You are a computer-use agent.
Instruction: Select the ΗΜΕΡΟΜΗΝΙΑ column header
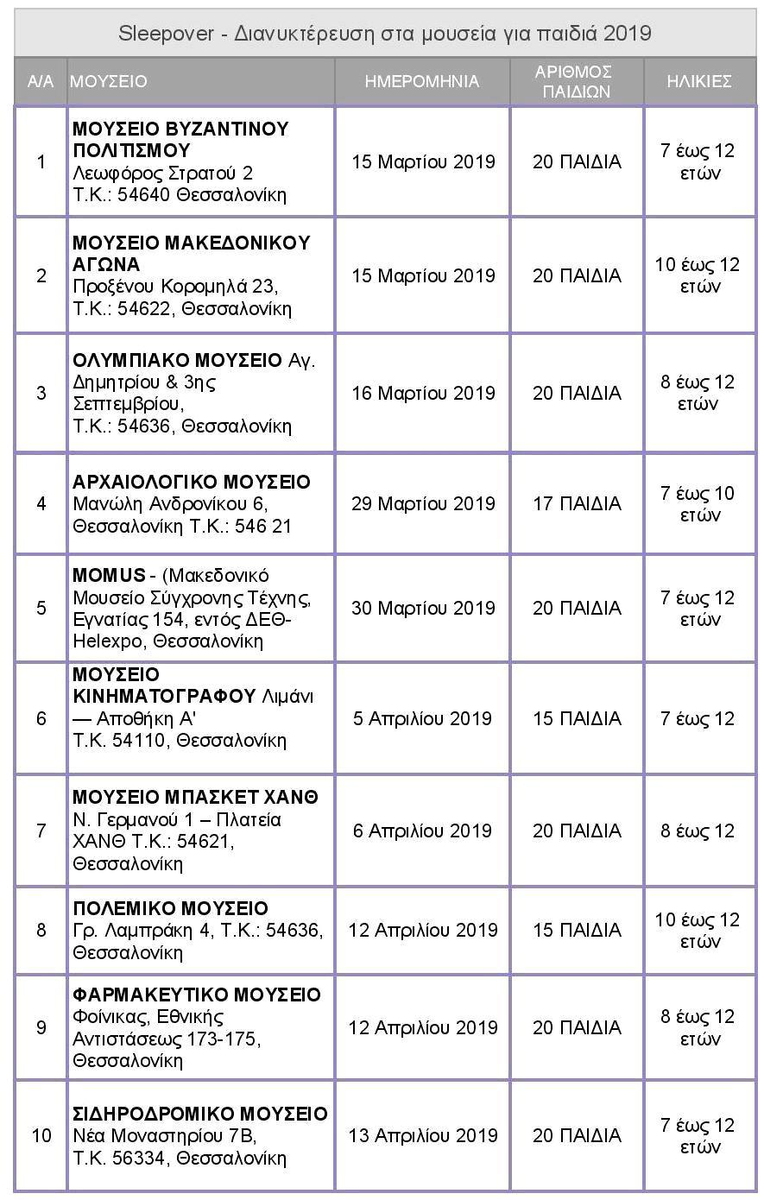point(421,81)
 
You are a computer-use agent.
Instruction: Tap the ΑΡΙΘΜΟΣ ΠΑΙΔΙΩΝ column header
point(577,81)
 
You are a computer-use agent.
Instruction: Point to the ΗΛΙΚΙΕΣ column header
point(699,81)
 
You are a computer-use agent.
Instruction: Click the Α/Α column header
point(41,81)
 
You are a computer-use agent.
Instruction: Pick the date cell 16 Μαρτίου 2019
point(423,393)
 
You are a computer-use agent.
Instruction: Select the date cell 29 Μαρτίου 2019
point(423,503)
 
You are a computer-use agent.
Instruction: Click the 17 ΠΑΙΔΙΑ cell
point(577,503)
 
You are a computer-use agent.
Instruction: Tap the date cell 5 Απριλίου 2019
point(422,718)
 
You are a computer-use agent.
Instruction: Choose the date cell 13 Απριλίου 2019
point(422,1135)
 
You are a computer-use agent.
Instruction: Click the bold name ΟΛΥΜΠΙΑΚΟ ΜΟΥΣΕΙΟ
point(177,360)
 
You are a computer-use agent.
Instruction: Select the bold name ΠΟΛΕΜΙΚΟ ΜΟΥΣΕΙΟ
point(170,908)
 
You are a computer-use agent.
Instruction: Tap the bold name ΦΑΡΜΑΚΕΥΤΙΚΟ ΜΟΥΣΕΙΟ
point(197,995)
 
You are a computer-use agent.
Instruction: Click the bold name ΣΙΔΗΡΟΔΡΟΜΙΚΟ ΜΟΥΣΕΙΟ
point(200,1114)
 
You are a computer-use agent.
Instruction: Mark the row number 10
point(41,1135)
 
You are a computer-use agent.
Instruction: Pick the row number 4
point(41,503)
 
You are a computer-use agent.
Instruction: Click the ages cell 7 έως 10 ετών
point(698,503)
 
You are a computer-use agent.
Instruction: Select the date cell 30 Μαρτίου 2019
point(423,608)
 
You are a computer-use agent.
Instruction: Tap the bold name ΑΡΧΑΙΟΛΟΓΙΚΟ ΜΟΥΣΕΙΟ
point(192,482)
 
